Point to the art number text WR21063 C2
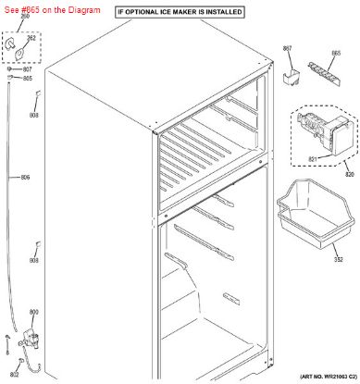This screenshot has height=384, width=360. pyautogui.click(x=311, y=377)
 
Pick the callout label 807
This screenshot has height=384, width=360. pyautogui.click(x=27, y=69)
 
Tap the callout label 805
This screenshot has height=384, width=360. pyautogui.click(x=27, y=79)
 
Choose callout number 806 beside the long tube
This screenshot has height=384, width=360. pyautogui.click(x=25, y=177)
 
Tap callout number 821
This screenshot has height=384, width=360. pyautogui.click(x=312, y=159)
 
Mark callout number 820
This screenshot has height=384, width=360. pyautogui.click(x=349, y=173)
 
